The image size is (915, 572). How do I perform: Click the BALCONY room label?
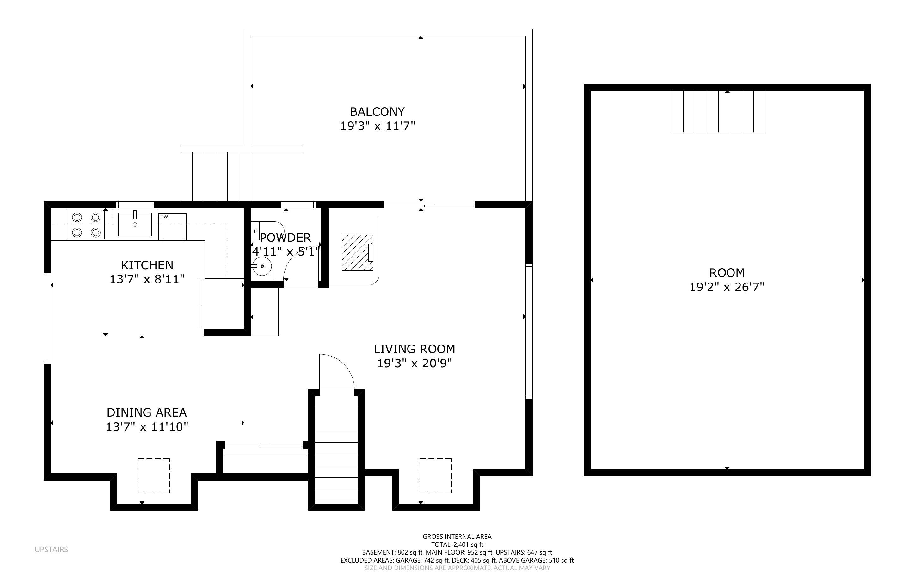[x=377, y=112]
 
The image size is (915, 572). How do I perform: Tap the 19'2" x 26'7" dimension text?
[x=727, y=287]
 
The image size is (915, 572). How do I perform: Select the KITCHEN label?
[x=147, y=265]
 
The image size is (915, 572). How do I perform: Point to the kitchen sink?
[x=135, y=224]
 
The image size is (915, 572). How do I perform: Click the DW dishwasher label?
[x=164, y=217]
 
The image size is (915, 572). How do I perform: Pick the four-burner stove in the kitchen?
[x=86, y=225]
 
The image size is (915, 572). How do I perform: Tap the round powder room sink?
[x=262, y=266]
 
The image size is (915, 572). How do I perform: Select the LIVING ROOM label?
[x=414, y=349]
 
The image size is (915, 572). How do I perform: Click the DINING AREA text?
[x=147, y=412]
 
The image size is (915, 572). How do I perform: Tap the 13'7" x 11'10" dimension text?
[x=147, y=427]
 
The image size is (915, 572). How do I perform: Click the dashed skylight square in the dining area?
[x=153, y=476]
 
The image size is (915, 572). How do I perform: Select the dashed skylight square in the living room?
[x=435, y=476]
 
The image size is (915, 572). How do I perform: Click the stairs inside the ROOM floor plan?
[x=718, y=111]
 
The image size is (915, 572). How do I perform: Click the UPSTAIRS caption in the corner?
[x=52, y=549]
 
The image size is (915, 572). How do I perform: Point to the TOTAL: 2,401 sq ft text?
[x=457, y=544]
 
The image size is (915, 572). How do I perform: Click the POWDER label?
[x=286, y=238]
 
